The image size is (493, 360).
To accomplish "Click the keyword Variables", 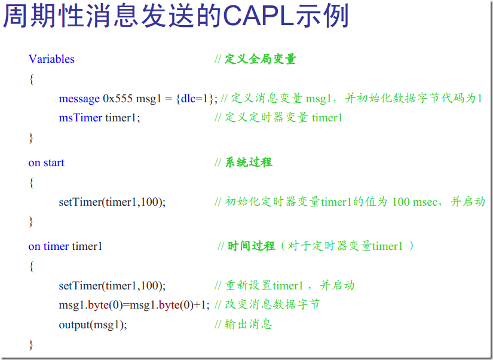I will tap(51, 59).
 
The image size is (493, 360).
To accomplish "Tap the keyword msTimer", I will tap(80, 118).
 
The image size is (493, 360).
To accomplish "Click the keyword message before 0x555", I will tap(79, 99).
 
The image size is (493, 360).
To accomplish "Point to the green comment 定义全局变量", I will tap(261, 59).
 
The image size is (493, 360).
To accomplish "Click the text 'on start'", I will tap(46, 163).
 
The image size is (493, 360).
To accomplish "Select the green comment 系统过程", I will tap(248, 163).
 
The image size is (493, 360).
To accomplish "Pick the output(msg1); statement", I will tap(93, 325).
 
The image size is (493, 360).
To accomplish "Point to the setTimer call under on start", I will tap(112, 202).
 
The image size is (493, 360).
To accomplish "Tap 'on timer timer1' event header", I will tap(65, 246).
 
